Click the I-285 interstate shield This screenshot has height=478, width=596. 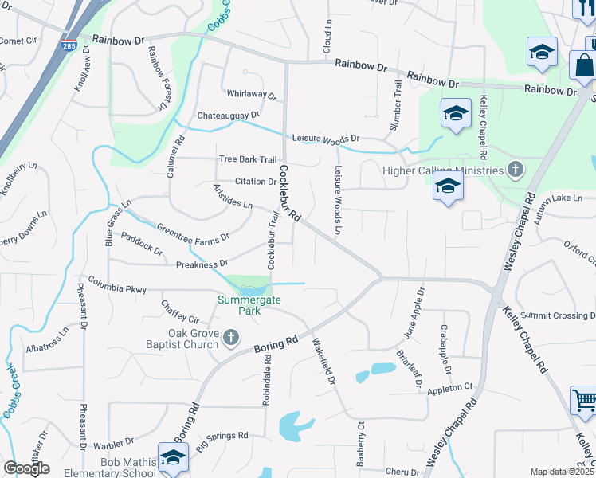pyautogui.click(x=70, y=45)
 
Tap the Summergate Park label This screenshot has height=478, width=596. pyautogui.click(x=240, y=305)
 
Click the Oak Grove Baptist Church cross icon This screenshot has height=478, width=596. pyautogui.click(x=231, y=338)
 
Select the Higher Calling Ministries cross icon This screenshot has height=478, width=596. pyautogui.click(x=516, y=169)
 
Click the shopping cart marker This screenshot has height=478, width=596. pyautogui.click(x=584, y=399)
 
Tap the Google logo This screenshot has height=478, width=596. pyautogui.click(x=26, y=468)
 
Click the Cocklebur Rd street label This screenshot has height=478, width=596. pyautogui.click(x=288, y=194)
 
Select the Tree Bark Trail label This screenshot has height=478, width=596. pyautogui.click(x=248, y=159)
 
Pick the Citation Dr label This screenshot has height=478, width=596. pyautogui.click(x=255, y=182)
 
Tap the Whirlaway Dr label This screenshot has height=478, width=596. pyautogui.click(x=251, y=94)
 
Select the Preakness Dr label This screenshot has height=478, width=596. pyautogui.click(x=202, y=263)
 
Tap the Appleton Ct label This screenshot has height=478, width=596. pyautogui.click(x=450, y=388)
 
